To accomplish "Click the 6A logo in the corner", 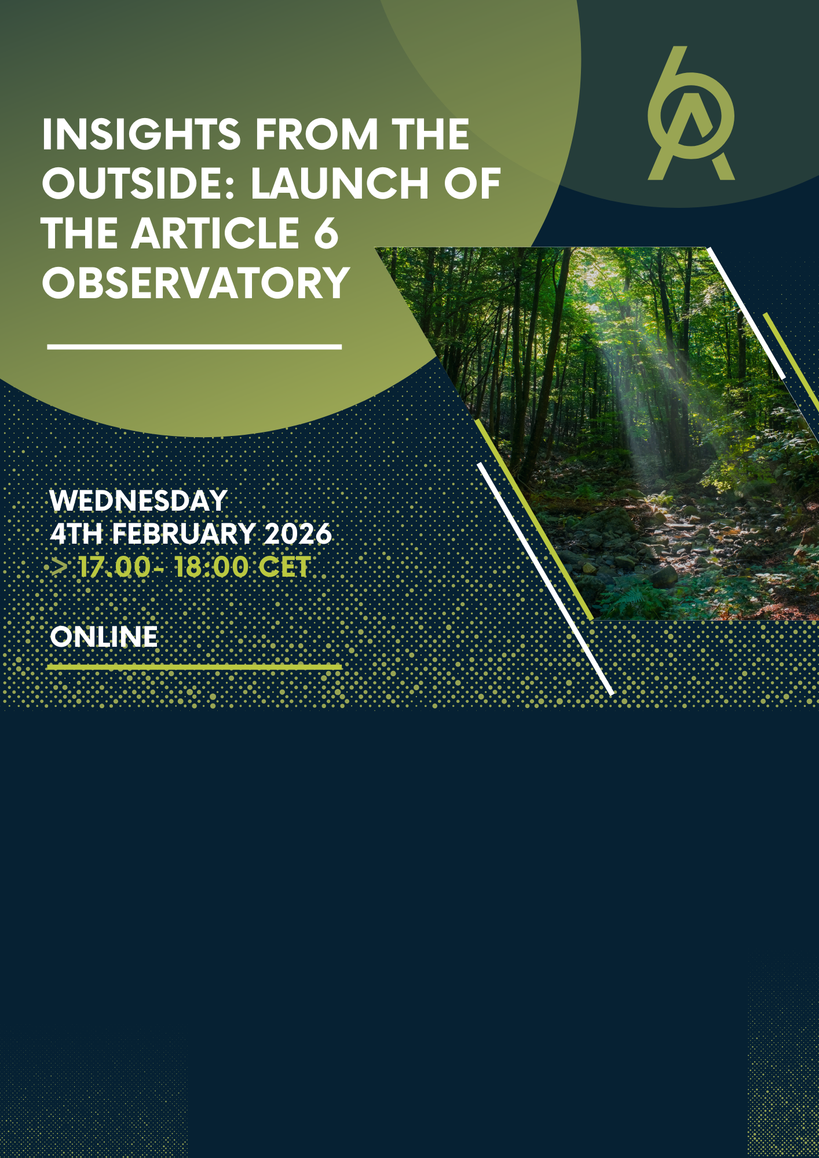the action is [x=690, y=113].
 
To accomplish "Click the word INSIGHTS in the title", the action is [x=141, y=134].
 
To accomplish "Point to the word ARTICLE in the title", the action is [x=215, y=233].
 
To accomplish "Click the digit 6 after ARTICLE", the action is [x=326, y=233].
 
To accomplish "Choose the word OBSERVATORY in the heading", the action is [x=196, y=283].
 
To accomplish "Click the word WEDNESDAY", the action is [x=138, y=501].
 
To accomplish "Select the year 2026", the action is [x=298, y=534].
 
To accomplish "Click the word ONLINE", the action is [x=104, y=637].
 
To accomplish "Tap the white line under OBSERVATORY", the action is [x=195, y=347].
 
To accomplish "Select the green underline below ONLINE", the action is [x=195, y=667].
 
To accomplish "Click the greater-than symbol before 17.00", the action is [x=59, y=567].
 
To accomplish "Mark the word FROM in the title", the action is [x=316, y=134].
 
